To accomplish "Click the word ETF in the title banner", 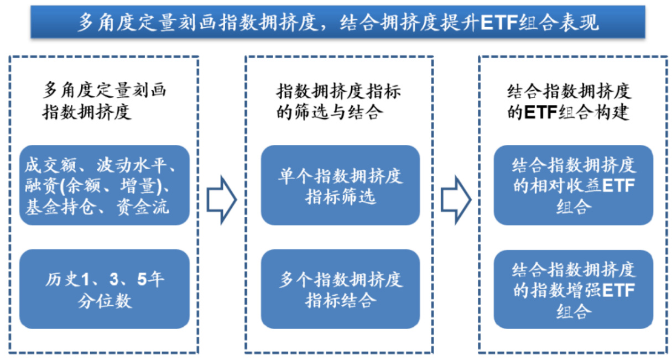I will tap(500, 23).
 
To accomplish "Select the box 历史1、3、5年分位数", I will tap(105, 289).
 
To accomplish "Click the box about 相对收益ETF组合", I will tap(573, 185).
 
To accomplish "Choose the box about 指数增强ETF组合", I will tap(573, 289).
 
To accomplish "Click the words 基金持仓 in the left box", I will tap(58, 207).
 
